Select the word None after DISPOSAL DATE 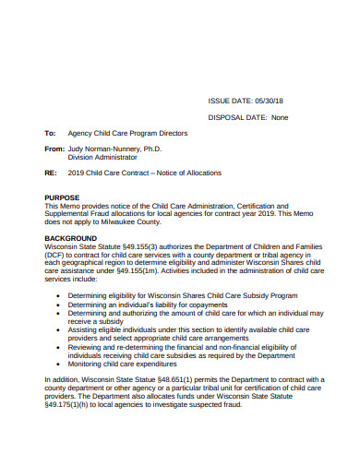coord(280,117)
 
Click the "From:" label coord(54,149)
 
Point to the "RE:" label coord(51,173)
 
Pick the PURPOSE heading coord(62,197)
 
